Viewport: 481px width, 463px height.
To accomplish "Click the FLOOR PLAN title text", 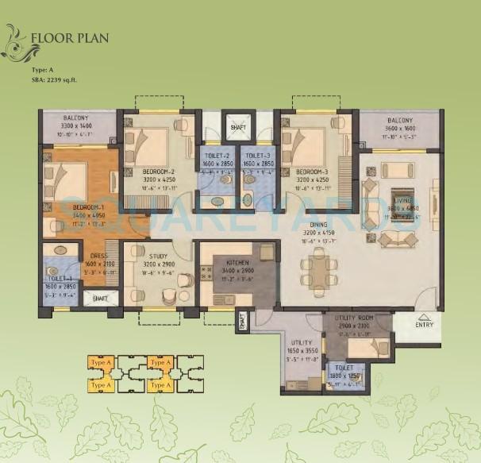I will (69, 37).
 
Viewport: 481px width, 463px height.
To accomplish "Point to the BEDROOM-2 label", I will (158, 172).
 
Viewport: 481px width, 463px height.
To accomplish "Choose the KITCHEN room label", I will (238, 261).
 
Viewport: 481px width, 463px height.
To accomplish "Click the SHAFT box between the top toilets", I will (237, 125).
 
